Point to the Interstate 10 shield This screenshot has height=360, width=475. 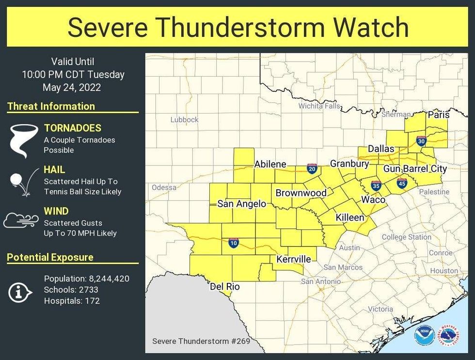tap(234, 243)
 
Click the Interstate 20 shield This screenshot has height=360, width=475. tap(312, 168)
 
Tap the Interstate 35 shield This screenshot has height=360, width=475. tap(376, 185)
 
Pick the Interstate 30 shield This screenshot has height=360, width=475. tap(421, 141)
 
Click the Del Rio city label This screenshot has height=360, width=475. tap(225, 287)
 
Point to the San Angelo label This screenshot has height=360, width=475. tap(241, 204)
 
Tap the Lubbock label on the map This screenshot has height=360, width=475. tap(184, 119)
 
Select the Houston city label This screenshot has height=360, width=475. tap(444, 271)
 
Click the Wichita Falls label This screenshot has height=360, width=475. tap(319, 106)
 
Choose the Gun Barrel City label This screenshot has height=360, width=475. tap(415, 169)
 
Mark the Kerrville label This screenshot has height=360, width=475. tap(293, 259)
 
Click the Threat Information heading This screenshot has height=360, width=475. tap(51, 106)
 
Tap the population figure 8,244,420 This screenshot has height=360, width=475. tap(109, 278)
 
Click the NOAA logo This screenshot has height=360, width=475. tap(424, 336)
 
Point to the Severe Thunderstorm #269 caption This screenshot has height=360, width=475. tap(201, 341)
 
